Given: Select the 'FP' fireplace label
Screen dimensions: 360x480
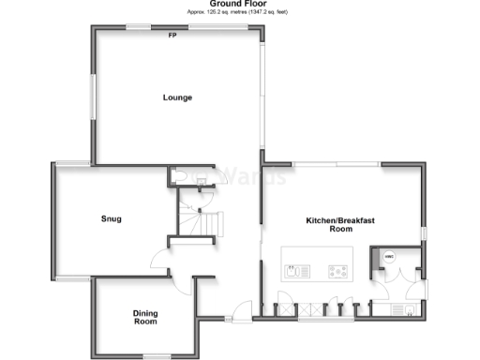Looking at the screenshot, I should click(x=172, y=36).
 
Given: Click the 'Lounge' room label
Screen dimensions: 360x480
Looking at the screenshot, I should click(x=177, y=97).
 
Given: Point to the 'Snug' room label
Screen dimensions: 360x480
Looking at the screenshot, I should click(x=112, y=219).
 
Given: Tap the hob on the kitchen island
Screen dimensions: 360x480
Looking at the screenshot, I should click(x=336, y=272).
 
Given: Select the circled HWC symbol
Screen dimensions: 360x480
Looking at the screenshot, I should click(x=387, y=256).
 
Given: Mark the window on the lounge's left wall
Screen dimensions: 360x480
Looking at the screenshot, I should click(x=92, y=95).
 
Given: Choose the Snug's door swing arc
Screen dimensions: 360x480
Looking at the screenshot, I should click(x=159, y=263).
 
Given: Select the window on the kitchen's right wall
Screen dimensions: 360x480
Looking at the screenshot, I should click(x=424, y=232).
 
